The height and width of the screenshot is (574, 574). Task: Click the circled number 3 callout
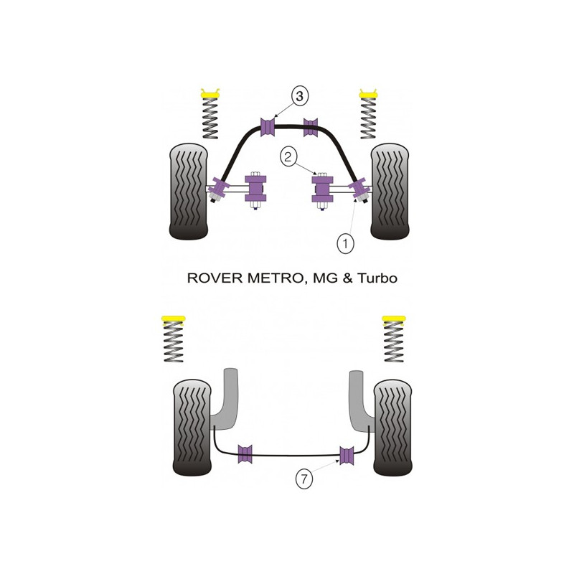pyautogui.click(x=300, y=96)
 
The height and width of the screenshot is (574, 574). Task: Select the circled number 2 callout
pyautogui.click(x=288, y=157)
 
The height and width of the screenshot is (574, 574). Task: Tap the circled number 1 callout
pyautogui.click(x=345, y=243)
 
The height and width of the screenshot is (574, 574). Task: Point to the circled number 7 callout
pyautogui.click(x=304, y=479)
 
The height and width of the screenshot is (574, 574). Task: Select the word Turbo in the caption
pyautogui.click(x=377, y=278)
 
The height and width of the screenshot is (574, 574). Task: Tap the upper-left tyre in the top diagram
pyautogui.click(x=188, y=191)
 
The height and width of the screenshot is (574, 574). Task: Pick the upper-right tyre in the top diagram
pyautogui.click(x=390, y=191)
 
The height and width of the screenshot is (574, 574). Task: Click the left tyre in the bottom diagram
pyautogui.click(x=192, y=427)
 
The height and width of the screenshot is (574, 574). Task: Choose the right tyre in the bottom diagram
pyautogui.click(x=392, y=427)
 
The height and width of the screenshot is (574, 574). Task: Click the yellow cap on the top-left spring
pyautogui.click(x=210, y=94)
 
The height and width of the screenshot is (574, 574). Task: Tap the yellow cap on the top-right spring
pyautogui.click(x=368, y=94)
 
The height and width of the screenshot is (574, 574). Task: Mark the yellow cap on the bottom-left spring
pyautogui.click(x=173, y=319)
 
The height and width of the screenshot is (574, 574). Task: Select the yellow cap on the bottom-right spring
pyautogui.click(x=393, y=319)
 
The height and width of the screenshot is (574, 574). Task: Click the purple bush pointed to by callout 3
pyautogui.click(x=268, y=127)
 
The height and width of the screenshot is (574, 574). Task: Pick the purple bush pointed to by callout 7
pyautogui.click(x=347, y=456)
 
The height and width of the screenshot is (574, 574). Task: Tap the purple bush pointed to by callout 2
pyautogui.click(x=322, y=189)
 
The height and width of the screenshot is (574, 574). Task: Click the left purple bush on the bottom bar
pyautogui.click(x=245, y=454)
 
